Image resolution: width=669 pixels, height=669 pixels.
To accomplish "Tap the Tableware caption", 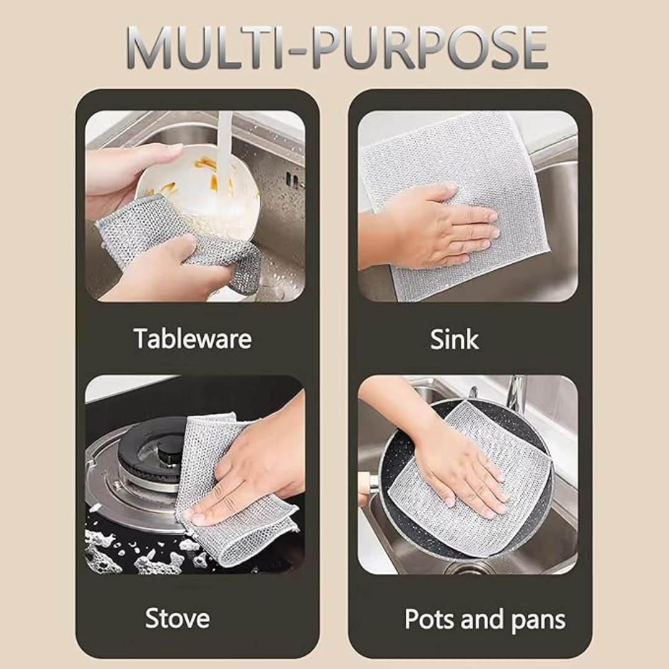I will coord(192,339).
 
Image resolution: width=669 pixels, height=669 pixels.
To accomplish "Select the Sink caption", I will coord(454,339).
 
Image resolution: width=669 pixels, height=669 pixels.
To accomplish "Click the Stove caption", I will coord(177,618).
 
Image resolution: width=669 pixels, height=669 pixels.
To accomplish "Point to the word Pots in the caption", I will coord(427,619).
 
